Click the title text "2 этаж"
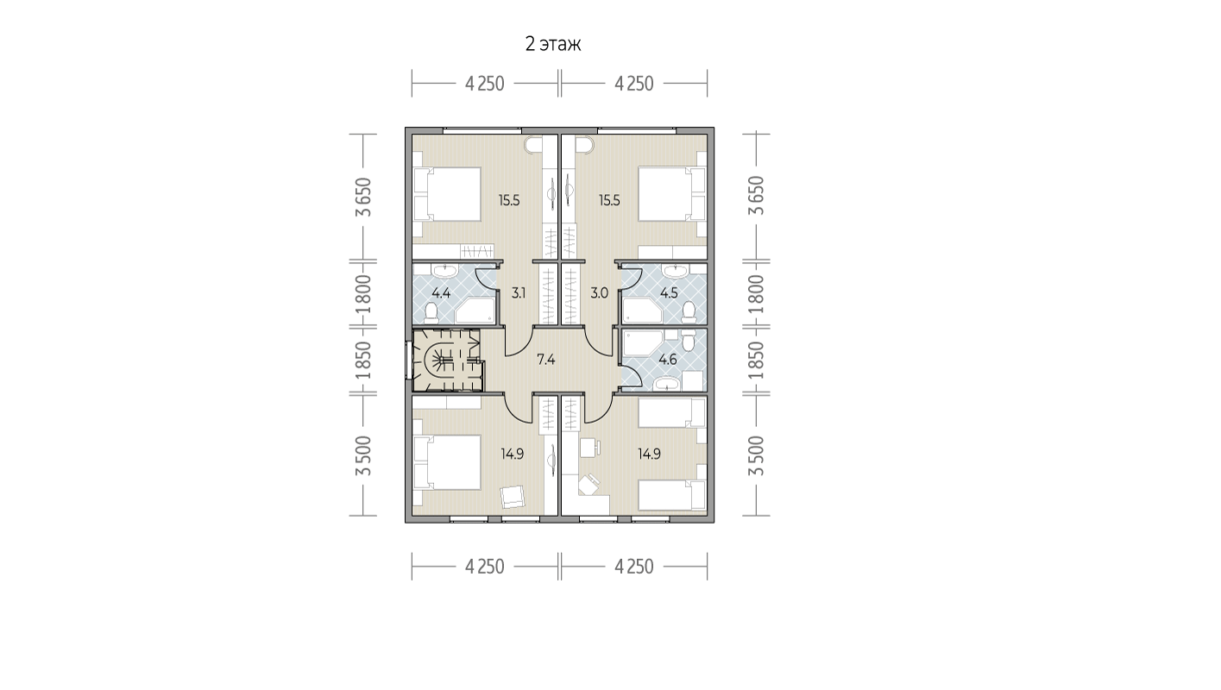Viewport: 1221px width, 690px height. coord(553,44)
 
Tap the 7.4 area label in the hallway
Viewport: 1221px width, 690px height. coord(545,359)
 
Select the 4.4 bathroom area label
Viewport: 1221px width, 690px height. coord(441,293)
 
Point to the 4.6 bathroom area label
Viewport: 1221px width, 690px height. coord(668,360)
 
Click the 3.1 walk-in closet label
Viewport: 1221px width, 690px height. coord(519,293)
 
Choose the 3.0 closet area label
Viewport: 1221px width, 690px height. coord(599,293)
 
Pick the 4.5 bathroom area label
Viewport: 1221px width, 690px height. coord(669,293)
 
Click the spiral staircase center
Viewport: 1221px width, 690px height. coord(440,360)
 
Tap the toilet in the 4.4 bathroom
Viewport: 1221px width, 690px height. coord(431,311)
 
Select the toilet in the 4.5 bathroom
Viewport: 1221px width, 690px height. coord(689,310)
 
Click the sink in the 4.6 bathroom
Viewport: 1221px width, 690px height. coord(666,384)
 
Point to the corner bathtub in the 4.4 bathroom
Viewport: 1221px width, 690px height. coord(475,310)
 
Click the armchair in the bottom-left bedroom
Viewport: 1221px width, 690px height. coord(513,497)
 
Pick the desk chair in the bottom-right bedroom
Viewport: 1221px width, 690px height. coord(588,485)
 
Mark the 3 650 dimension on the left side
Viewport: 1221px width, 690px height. coord(363,198)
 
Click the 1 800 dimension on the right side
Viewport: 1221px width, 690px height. coord(756,294)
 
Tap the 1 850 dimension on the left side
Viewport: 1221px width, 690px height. coord(363,361)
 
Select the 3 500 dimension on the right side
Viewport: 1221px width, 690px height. coord(756,455)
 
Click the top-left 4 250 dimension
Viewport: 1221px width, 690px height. coord(485,84)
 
